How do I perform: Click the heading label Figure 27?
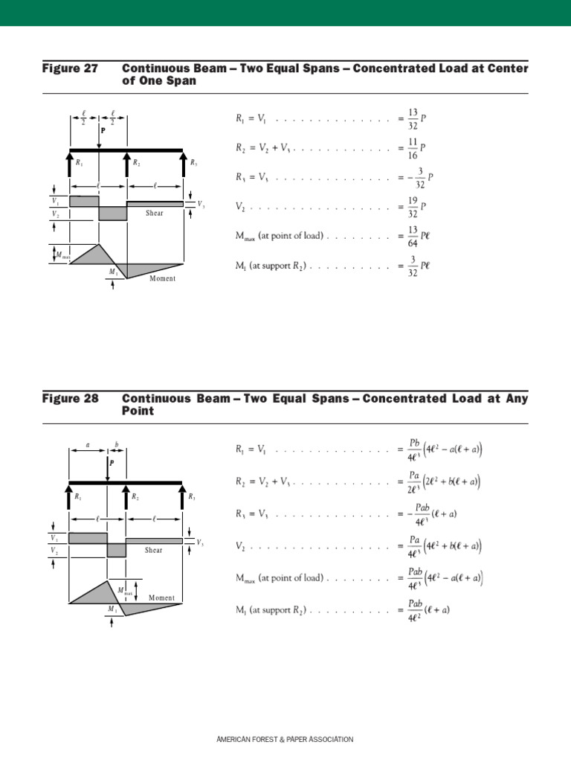click(70, 68)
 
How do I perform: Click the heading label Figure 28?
click(70, 399)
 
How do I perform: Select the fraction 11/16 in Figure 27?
click(413, 147)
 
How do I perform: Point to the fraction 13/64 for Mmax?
click(413, 236)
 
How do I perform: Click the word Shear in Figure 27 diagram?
click(155, 214)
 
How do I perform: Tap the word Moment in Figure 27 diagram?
click(163, 279)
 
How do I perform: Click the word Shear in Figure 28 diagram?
click(154, 551)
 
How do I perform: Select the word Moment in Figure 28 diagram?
click(161, 598)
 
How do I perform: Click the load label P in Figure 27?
click(103, 129)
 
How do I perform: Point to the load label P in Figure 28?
click(112, 463)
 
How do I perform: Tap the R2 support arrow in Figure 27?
click(127, 164)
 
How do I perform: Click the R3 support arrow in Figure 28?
click(183, 498)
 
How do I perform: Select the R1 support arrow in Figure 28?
click(70, 498)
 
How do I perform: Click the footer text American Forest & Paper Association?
click(285, 740)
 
